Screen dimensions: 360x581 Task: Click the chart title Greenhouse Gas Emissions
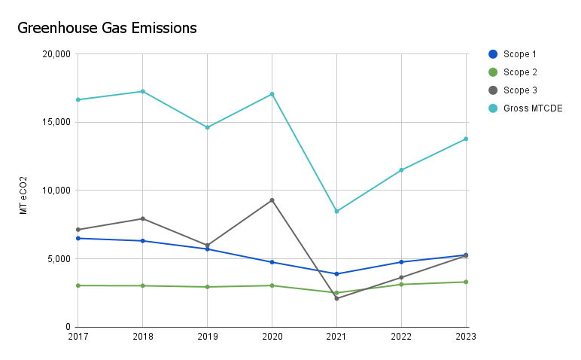pos(107,29)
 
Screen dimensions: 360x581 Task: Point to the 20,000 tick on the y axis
pos(54,54)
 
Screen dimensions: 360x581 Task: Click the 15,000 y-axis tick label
pos(54,122)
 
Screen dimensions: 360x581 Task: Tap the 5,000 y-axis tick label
pos(56,258)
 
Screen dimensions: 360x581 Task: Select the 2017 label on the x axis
pos(78,337)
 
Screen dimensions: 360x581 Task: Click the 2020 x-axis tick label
pos(272,337)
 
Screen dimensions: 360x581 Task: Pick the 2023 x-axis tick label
pos(466,337)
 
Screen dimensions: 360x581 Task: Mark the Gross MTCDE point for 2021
pos(336,211)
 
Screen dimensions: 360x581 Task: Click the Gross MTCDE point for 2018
pos(142,91)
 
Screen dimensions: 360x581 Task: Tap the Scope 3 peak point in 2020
pos(272,200)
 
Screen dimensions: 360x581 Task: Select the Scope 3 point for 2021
pos(336,298)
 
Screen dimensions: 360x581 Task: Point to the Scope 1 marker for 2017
pos(78,238)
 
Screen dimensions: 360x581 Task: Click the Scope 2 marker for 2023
pos(466,282)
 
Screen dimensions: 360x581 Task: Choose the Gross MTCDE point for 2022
pos(401,170)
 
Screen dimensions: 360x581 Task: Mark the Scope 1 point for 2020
pos(272,262)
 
